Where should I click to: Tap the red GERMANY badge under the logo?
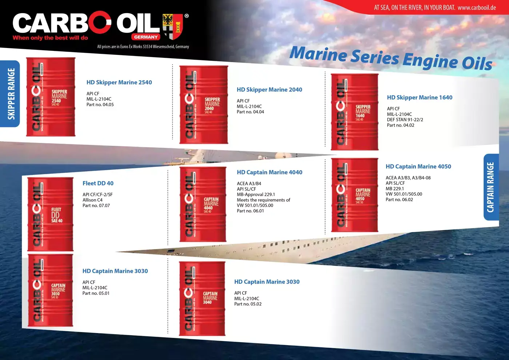coord(146,37)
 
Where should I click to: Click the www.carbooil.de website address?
coord(477,7)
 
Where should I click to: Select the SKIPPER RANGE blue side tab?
coord(11,93)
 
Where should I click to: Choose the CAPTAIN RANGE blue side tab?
coord(490,187)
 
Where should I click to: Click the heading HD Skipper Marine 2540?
coord(119,83)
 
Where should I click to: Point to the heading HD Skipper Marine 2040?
coord(269,90)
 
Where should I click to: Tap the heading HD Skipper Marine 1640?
coord(420,97)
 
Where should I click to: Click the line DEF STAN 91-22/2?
coord(405,120)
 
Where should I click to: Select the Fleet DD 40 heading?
coord(98,183)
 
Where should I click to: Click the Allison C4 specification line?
coord(92,200)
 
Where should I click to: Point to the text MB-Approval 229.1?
coord(256,195)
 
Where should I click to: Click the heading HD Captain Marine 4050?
coord(418,167)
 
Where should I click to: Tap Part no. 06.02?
coord(399,200)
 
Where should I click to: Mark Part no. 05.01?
coord(96,293)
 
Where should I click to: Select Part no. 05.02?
coord(248,304)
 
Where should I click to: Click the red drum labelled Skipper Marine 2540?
coord(51,97)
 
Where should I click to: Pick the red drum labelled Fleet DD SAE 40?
coord(51,214)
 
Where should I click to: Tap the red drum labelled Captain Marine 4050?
coord(354,195)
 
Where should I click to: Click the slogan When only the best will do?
coord(50,38)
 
